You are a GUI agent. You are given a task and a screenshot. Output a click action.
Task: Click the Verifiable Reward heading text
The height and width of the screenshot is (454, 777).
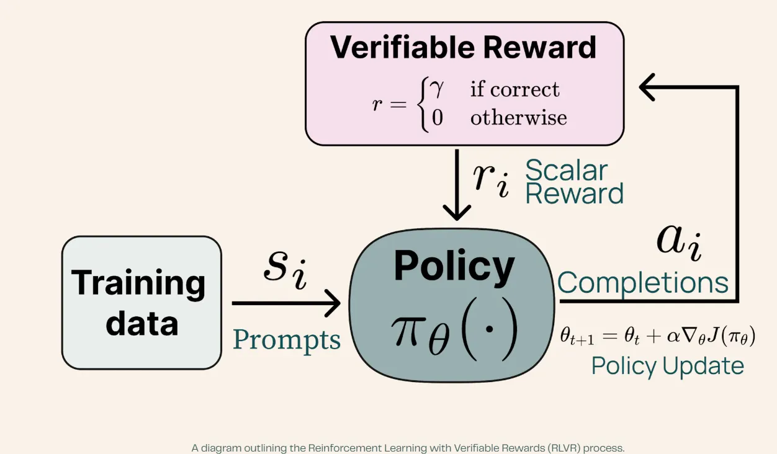click(x=463, y=48)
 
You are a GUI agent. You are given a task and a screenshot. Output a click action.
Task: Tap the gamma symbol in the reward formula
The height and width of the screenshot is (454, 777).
click(x=436, y=87)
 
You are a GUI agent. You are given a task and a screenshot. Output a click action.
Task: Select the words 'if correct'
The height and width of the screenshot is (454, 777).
click(x=514, y=89)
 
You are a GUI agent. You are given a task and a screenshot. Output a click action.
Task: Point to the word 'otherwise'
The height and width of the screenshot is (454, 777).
click(x=519, y=117)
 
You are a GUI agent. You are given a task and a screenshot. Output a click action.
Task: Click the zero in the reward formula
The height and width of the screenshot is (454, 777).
click(x=438, y=118)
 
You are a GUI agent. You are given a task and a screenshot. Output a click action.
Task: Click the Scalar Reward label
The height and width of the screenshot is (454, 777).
click(x=575, y=182)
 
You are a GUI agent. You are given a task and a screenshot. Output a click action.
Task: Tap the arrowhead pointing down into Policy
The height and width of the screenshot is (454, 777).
click(x=457, y=212)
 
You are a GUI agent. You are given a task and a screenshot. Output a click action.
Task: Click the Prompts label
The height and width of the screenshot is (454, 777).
click(x=287, y=340)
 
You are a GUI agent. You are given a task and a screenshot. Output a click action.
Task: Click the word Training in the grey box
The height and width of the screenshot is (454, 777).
click(x=138, y=284)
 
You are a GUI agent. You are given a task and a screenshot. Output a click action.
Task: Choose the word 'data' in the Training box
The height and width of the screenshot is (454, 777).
click(x=142, y=323)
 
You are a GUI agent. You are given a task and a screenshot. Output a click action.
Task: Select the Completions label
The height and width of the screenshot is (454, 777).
click(x=643, y=282)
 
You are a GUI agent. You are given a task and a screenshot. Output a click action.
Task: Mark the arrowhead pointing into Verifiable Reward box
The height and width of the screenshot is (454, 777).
click(x=647, y=87)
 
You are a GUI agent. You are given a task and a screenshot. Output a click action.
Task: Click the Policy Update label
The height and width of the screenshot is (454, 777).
click(x=668, y=366)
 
